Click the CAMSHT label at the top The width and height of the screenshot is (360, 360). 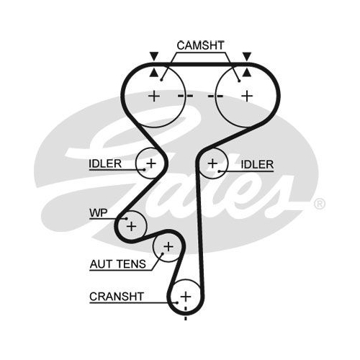[x=200, y=45]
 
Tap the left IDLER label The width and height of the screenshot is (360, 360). [x=105, y=163]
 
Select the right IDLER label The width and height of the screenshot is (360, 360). [x=257, y=164]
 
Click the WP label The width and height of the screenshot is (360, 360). [x=99, y=212]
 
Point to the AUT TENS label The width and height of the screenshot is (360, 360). [x=117, y=264]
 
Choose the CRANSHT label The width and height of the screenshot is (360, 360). [x=117, y=297]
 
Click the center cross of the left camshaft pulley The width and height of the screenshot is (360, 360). [x=154, y=96]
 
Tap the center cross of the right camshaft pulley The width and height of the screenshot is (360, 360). [x=247, y=96]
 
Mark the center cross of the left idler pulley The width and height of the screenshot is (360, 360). [x=151, y=163]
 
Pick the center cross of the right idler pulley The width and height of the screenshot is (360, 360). [x=212, y=163]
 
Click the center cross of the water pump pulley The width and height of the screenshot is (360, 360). [x=131, y=226]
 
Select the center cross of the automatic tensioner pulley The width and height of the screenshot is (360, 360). [x=168, y=247]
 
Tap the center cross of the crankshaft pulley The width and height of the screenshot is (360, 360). [x=186, y=297]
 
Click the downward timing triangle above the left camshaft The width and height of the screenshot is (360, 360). [x=154, y=55]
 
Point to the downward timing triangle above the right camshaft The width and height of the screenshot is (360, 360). [x=247, y=55]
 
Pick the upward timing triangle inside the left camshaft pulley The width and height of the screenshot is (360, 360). [x=154, y=73]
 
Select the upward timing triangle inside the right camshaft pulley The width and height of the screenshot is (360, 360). [x=247, y=73]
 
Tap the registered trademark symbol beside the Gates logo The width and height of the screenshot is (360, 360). [x=320, y=204]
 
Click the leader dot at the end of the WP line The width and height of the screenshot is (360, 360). [x=126, y=218]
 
